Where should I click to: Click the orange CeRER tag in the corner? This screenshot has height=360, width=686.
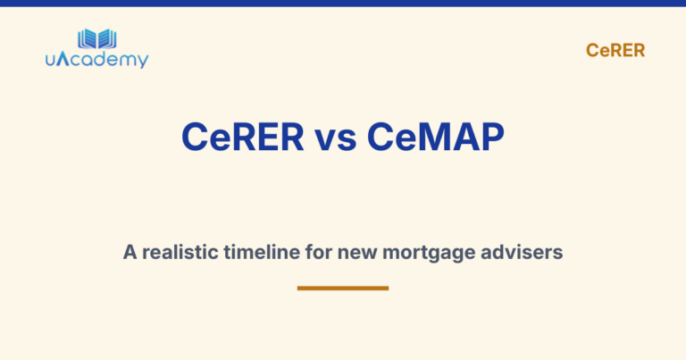[615, 51]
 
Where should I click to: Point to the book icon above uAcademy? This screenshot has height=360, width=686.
[96, 38]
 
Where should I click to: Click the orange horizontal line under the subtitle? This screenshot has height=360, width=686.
[343, 288]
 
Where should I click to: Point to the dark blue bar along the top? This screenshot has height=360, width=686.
[343, 4]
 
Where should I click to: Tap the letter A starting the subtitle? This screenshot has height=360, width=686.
[130, 253]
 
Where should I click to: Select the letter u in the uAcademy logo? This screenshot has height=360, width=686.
[51, 61]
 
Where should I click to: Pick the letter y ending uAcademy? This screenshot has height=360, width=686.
[143, 63]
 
